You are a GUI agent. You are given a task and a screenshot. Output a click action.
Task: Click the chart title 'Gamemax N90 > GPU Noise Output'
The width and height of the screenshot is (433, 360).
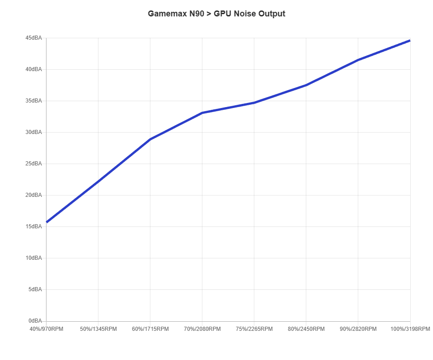point(216,14)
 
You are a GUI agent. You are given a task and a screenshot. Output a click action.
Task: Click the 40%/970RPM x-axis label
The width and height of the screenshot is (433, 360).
point(46,329)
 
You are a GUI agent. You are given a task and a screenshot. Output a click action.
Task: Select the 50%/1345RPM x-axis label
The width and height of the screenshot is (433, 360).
point(98,329)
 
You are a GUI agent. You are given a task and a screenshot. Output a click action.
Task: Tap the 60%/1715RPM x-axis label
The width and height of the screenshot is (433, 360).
point(150,329)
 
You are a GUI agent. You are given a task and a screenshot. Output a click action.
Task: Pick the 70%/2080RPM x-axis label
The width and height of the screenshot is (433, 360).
point(202,329)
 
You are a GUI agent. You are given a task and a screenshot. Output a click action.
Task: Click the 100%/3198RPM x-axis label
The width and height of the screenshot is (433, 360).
point(410,329)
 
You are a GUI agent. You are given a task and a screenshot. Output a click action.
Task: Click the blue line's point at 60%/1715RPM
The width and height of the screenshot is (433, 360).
point(150,139)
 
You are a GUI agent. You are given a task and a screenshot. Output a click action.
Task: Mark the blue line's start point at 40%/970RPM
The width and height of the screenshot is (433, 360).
point(46,223)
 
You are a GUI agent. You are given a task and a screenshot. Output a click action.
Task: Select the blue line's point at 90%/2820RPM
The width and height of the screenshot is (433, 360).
point(358,60)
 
